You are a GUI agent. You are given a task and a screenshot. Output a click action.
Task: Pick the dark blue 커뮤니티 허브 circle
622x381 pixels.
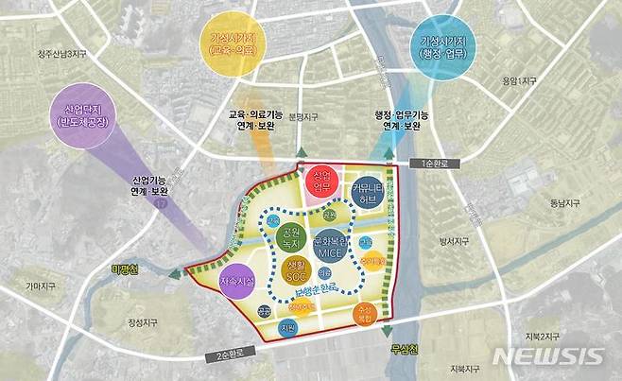pos(367,192)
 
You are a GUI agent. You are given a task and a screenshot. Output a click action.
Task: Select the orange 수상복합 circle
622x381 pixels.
pos(363,314)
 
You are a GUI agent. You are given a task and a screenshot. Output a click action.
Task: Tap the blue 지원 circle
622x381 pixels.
pos(287,329)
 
